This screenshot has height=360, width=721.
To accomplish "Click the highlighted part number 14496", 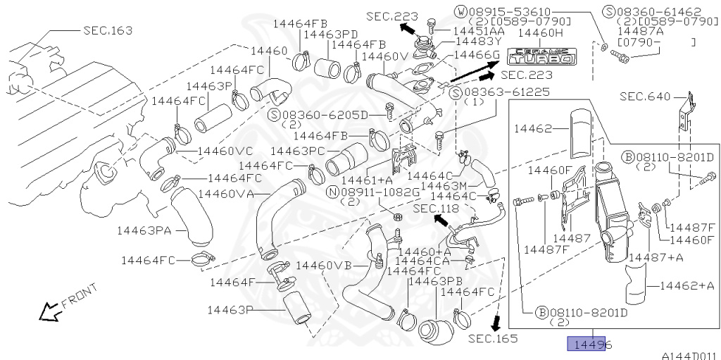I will click(x=590, y=345).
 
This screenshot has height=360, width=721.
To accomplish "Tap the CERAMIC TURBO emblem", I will click(x=539, y=56).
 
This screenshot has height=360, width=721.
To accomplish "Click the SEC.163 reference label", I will click(x=107, y=30).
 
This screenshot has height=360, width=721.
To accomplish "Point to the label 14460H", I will click(x=540, y=33).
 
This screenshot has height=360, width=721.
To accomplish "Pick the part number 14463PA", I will click(x=144, y=230).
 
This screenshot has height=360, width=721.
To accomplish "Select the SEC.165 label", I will click(x=493, y=339).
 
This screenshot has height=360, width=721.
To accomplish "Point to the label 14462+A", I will click(x=687, y=285).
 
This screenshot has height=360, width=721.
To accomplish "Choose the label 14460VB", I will click(x=323, y=265).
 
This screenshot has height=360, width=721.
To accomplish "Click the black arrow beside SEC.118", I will click(x=441, y=221).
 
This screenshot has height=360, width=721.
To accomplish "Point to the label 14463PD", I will click(x=332, y=34).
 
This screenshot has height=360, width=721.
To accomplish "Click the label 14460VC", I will click(x=225, y=151).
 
